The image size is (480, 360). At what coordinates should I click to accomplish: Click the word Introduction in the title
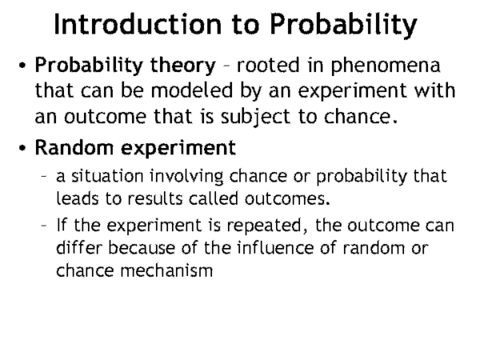(x=138, y=24)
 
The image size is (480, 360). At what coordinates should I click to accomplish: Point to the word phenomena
(x=386, y=66)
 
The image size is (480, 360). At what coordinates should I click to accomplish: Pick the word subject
(x=255, y=118)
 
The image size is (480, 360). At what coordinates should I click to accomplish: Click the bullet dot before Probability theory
(x=22, y=66)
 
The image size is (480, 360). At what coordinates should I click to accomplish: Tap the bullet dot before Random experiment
(x=22, y=147)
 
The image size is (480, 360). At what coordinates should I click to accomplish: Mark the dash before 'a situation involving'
(x=44, y=176)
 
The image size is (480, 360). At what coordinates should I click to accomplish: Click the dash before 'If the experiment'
(x=44, y=226)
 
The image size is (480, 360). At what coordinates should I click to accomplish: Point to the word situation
(x=107, y=176)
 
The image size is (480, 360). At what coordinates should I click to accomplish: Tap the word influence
(x=275, y=247)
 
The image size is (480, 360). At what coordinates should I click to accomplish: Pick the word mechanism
(x=166, y=270)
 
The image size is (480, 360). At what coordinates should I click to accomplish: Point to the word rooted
(x=268, y=66)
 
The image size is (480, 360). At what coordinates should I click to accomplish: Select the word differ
(x=78, y=247)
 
